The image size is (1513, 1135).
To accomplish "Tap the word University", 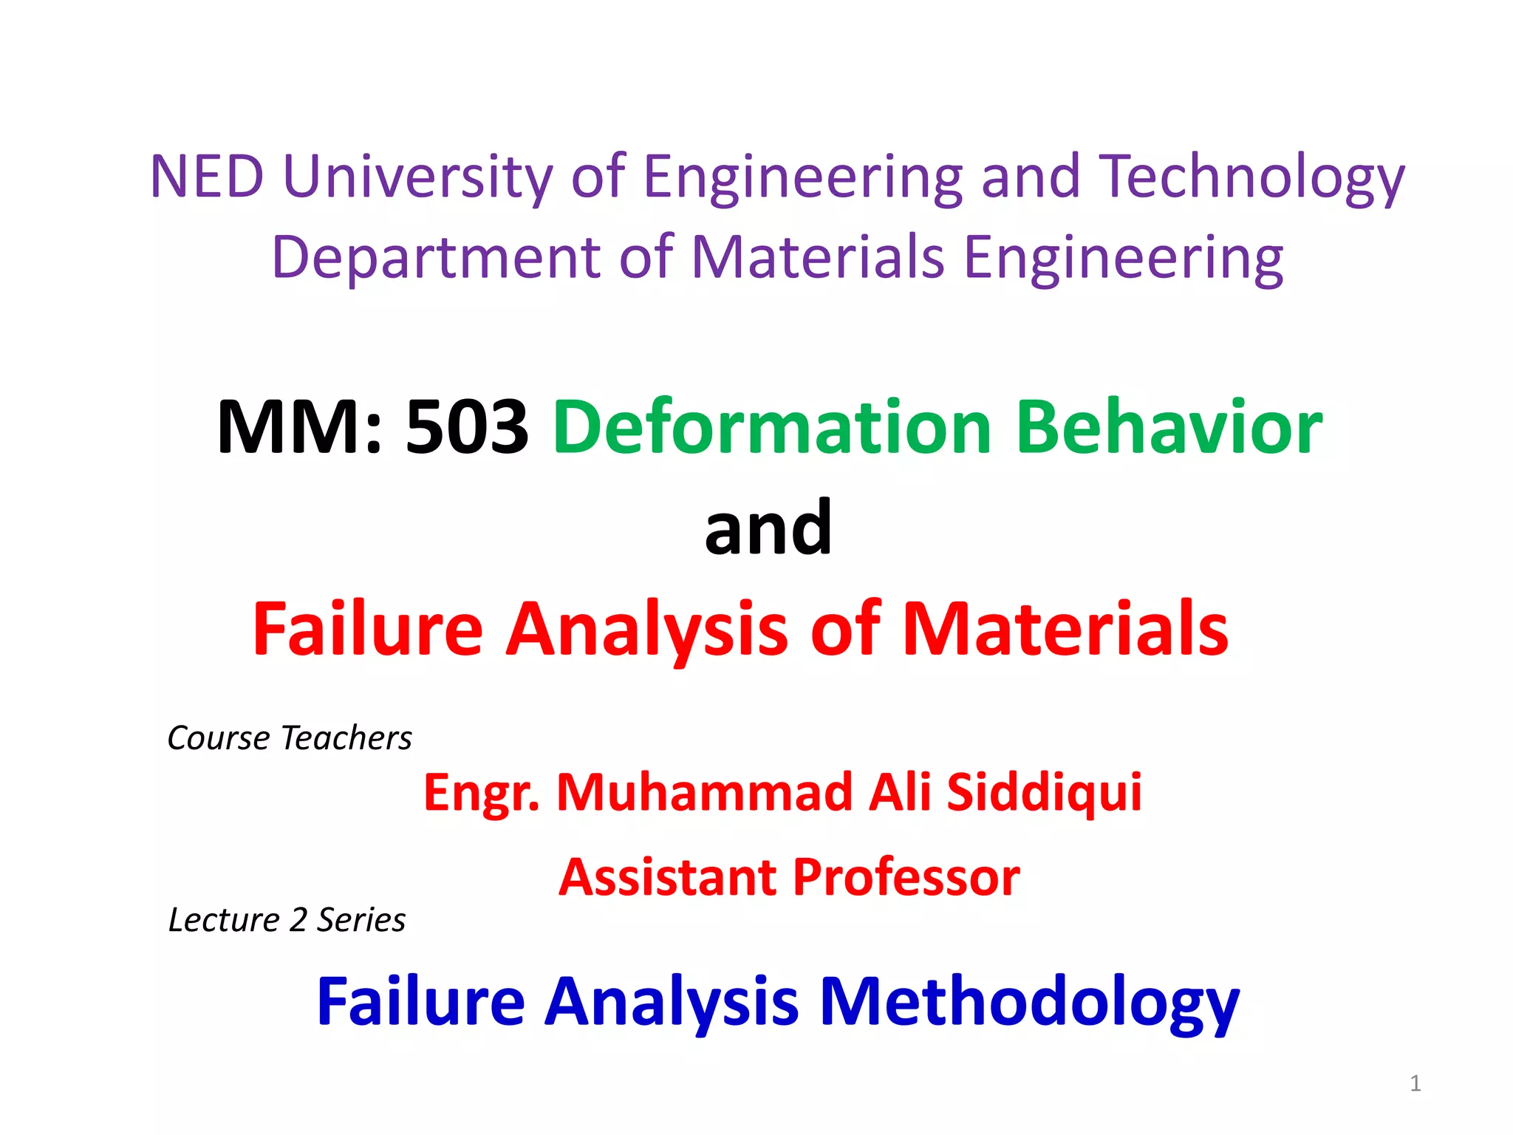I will pyautogui.click(x=417, y=177).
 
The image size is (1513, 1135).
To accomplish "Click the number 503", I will pyautogui.click(x=467, y=426).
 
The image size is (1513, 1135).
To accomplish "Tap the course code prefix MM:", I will pyautogui.click(x=300, y=426).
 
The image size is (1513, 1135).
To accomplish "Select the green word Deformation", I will pyautogui.click(x=773, y=426).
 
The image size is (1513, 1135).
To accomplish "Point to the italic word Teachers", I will pyautogui.click(x=346, y=738).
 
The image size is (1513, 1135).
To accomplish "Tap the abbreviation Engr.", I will pyautogui.click(x=481, y=792).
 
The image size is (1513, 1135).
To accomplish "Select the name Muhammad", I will pyautogui.click(x=705, y=792).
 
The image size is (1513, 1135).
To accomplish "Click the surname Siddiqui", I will pyautogui.click(x=1045, y=792).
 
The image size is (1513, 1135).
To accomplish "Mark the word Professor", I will pyautogui.click(x=906, y=877).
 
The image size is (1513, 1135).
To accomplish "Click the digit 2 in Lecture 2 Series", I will pyautogui.click(x=298, y=920).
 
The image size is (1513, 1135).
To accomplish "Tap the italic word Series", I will pyautogui.click(x=361, y=920).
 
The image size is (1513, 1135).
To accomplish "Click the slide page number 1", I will pyautogui.click(x=1415, y=1083).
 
